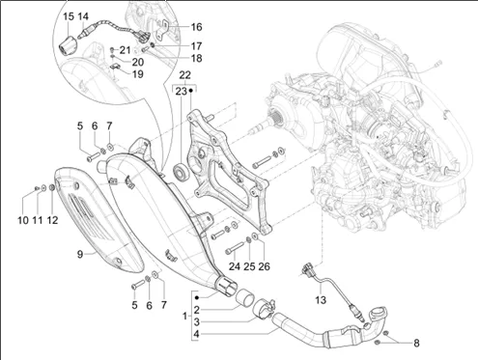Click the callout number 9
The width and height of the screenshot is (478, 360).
tap(80, 254)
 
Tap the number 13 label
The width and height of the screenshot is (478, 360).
tap(321, 300)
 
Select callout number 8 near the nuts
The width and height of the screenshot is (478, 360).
tap(416, 343)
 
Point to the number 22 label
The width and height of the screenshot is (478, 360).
tap(184, 75)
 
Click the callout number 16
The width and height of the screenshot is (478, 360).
tap(196, 27)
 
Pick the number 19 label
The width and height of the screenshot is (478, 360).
tap(138, 74)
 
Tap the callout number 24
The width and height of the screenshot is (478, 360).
tap(235, 266)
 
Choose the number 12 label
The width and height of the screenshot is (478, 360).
tap(52, 220)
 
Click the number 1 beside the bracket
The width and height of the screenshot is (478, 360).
tap(184, 316)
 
